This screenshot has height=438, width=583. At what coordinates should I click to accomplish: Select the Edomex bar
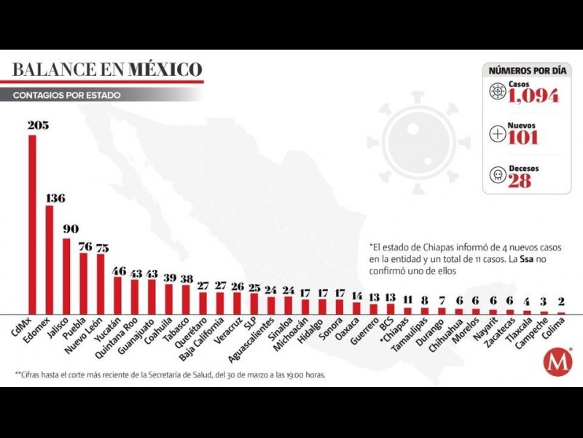49,258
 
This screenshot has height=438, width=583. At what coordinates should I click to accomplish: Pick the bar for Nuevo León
101,283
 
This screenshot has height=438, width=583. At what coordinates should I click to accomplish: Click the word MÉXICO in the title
165,70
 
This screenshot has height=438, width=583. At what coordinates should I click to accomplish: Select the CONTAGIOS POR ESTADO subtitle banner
67,96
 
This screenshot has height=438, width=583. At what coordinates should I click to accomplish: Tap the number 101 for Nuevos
523,138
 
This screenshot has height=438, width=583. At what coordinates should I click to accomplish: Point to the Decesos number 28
520,181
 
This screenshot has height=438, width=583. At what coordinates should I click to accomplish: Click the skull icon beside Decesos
498,176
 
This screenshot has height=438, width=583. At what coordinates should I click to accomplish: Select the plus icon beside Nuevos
498,134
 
